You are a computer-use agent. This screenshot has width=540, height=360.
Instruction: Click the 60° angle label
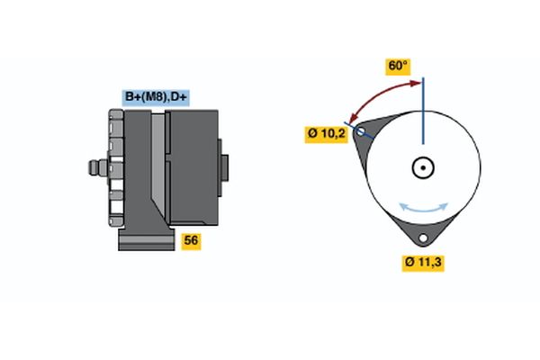click(398, 66)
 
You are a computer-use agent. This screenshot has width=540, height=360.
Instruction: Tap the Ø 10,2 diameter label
click(326, 135)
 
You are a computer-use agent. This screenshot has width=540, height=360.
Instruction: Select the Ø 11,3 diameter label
click(425, 263)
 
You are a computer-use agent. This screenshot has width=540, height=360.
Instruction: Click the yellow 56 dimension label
click(191, 240)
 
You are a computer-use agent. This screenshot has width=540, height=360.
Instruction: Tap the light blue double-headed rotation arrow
click(422, 207)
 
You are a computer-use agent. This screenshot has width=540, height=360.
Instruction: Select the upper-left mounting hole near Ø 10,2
click(362, 131)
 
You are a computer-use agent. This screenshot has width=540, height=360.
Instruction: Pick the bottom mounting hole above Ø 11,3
click(422, 238)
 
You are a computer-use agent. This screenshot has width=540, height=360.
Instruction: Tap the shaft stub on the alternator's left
click(93, 167)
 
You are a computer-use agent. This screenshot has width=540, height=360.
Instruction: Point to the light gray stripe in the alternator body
click(159, 166)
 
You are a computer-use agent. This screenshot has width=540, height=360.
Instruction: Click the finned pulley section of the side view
click(114, 168)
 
